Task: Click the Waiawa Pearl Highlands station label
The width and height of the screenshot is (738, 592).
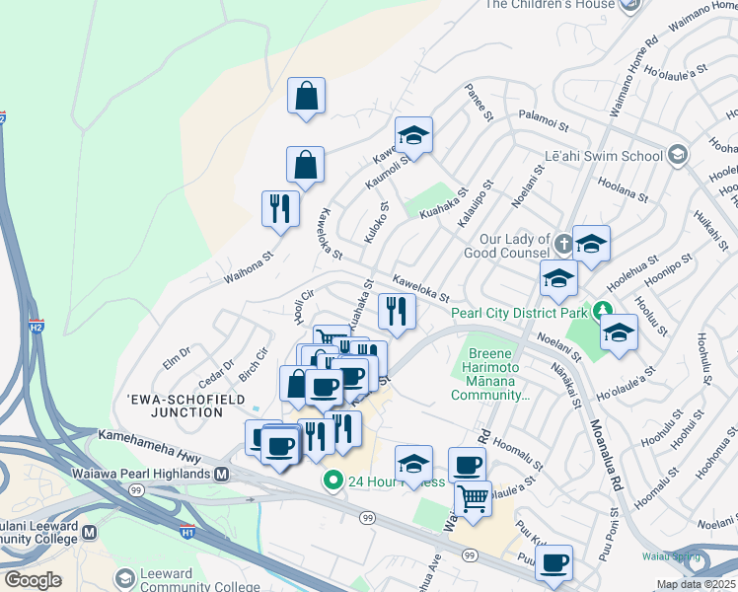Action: tap(143, 474)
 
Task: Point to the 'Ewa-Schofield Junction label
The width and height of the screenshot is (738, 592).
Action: tap(175, 406)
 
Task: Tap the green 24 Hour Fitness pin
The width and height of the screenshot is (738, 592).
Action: tap(333, 481)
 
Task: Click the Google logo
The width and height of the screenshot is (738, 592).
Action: tap(34, 579)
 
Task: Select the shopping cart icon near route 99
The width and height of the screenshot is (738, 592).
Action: tap(473, 498)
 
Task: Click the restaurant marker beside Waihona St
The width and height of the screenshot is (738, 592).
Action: tap(279, 209)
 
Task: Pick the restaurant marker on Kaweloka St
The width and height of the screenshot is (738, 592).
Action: tap(398, 312)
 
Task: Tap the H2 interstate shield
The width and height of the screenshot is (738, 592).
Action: tap(37, 327)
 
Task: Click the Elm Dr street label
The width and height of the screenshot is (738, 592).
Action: tap(176, 352)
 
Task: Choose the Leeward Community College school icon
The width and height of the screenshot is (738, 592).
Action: tap(125, 576)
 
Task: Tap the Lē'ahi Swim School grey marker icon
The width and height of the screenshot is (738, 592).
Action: tap(678, 154)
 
